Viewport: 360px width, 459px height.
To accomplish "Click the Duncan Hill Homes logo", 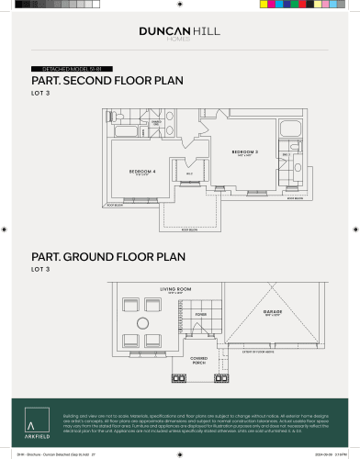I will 179,33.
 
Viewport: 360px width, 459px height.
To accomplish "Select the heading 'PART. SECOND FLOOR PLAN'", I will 107,81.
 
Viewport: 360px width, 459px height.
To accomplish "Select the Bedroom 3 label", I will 244,151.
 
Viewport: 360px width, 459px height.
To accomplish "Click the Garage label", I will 273,312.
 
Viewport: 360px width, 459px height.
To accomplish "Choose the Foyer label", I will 200,313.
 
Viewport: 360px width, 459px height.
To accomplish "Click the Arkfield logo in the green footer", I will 31,424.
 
